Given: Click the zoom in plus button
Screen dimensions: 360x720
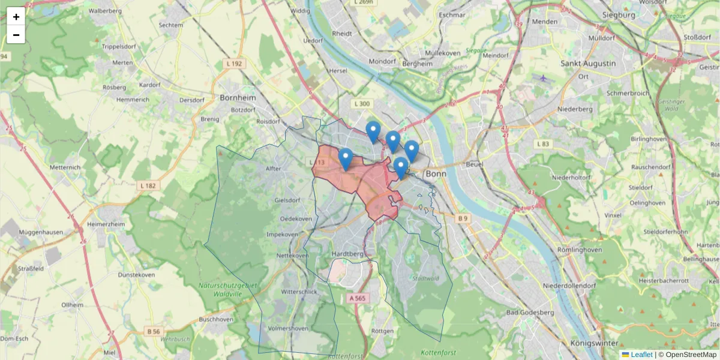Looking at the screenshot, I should point(16,17).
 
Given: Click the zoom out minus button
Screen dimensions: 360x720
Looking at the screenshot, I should point(16,35).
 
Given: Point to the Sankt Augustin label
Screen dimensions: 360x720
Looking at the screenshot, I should point(587,63).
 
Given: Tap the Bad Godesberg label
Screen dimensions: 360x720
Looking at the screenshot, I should point(530,313).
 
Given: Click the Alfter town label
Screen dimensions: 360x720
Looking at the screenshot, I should point(273,169).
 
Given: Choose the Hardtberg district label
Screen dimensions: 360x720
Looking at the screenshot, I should point(348,254).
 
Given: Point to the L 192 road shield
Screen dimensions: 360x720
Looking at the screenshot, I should point(235,63).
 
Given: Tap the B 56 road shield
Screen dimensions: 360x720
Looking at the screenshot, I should point(154,331).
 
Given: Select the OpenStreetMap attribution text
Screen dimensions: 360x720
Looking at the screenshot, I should point(687,355).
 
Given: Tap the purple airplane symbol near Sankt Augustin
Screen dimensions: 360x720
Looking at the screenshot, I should point(544,77).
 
